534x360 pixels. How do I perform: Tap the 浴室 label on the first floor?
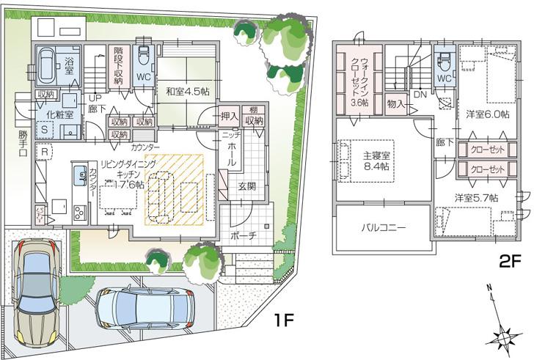tap(71, 60)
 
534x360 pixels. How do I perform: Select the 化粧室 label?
tap(59, 114)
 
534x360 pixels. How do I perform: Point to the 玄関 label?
tap(246, 186)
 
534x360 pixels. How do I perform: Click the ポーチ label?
tap(241, 236)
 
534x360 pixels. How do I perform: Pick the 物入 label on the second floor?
tap(396, 104)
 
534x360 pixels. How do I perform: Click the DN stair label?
tap(420, 95)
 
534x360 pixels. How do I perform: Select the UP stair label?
tap(95, 98)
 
